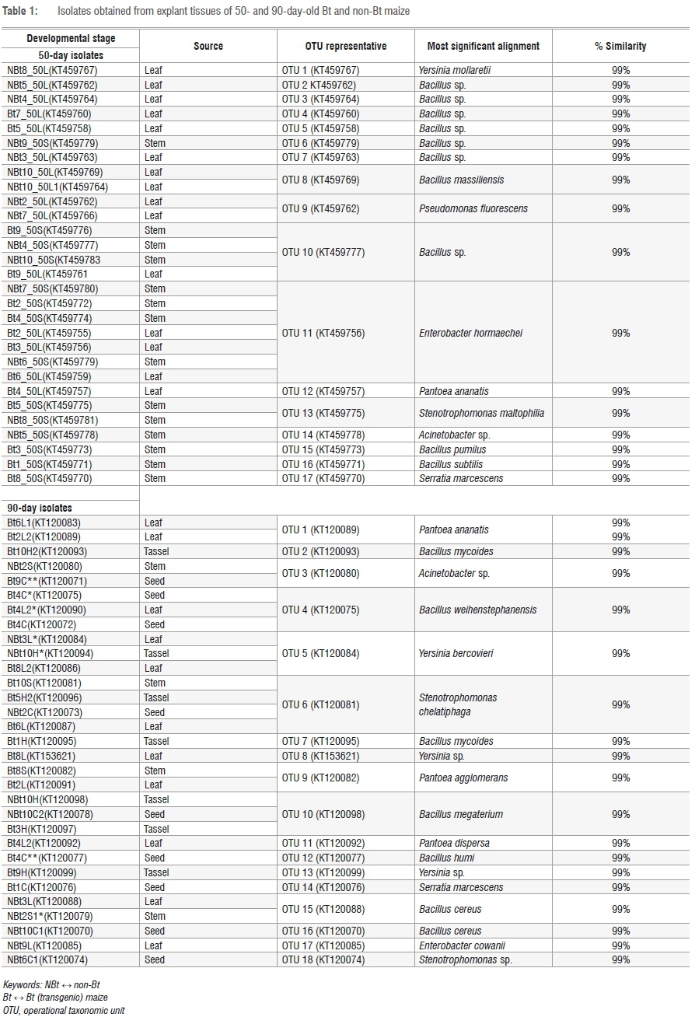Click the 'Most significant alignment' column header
(483, 47)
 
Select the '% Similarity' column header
(620, 47)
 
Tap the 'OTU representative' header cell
(346, 47)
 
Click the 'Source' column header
(208, 47)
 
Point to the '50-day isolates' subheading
(71, 55)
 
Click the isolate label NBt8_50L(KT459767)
(52, 70)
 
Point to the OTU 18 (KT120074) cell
(320, 959)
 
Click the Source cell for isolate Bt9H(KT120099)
(156, 872)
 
